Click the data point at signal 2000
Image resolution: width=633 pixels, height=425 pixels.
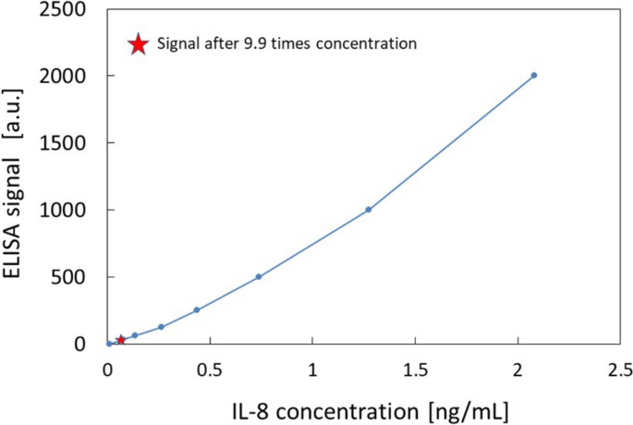[534, 75]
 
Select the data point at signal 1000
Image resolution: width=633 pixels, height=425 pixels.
[368, 210]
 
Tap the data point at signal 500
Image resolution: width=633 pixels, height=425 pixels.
[259, 276]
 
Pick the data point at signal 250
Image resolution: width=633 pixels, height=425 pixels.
[196, 310]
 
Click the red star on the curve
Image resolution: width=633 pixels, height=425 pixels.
[120, 340]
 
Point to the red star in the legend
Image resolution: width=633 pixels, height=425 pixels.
[138, 43]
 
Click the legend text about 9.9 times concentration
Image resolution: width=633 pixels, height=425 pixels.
[286, 43]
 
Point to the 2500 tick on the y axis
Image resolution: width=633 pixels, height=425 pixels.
[68, 9]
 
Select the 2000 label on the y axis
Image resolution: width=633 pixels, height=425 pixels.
[68, 76]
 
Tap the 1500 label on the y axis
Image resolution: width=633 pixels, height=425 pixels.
[68, 143]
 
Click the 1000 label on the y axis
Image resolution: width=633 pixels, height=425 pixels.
[68, 210]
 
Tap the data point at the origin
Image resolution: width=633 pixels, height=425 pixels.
[109, 344]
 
